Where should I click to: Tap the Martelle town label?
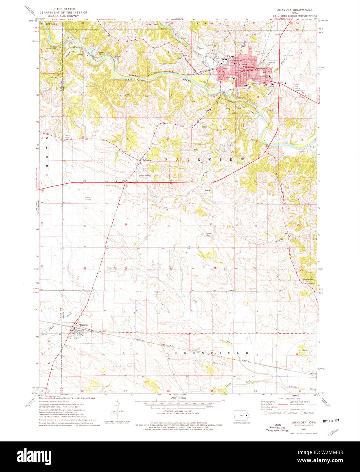[x=84, y=325]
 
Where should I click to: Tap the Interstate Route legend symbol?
[x=264, y=413]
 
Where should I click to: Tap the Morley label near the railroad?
[x=313, y=374]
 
